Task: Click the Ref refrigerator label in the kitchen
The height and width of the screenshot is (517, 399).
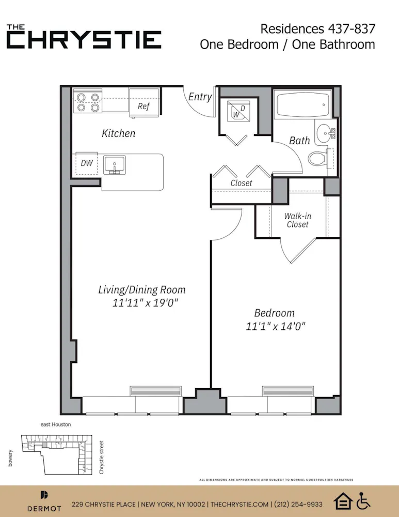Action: point(143,107)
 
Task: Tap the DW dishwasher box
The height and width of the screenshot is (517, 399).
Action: point(87,163)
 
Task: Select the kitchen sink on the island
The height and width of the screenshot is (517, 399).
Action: point(114,165)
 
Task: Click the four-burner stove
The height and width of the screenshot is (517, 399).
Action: point(87,101)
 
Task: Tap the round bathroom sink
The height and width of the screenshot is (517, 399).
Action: point(325,133)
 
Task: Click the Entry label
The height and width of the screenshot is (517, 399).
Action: point(200,97)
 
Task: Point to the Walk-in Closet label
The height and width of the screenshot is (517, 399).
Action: point(298,220)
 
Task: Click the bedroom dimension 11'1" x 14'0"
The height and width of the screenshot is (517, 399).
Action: point(276,326)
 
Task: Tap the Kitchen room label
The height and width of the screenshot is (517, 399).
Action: point(118,133)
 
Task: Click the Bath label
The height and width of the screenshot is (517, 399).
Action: point(299,140)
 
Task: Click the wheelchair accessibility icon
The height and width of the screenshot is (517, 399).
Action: point(364,500)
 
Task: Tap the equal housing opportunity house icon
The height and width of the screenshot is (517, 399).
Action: point(343,500)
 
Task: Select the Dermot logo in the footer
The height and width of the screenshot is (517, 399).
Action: point(44,501)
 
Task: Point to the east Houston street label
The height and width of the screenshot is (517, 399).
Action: point(55,424)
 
